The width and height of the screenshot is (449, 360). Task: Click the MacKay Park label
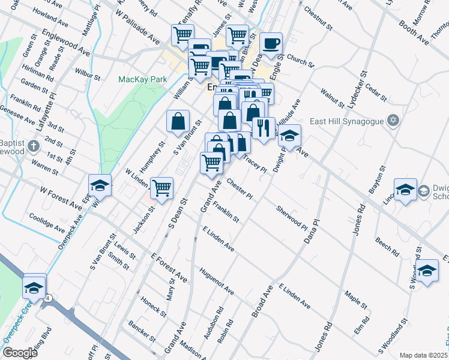click(x=142, y=79)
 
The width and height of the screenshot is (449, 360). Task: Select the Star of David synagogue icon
click(x=393, y=121)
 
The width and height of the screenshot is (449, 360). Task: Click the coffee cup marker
click(x=271, y=43)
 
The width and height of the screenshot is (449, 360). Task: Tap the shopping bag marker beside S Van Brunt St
click(x=178, y=121)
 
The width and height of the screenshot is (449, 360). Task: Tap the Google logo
click(x=20, y=352)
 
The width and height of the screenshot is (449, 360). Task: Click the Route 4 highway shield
click(x=47, y=298)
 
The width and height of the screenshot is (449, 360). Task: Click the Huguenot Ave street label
click(x=217, y=280)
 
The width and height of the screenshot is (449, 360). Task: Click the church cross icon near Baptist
click(x=34, y=145)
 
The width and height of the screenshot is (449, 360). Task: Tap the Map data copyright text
click(x=423, y=355)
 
